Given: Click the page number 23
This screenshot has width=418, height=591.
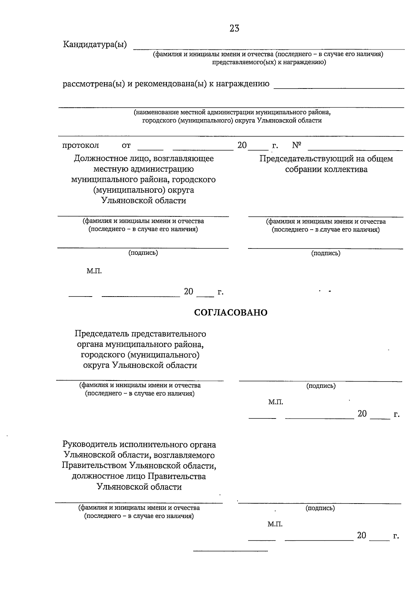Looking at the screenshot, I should click(x=234, y=29).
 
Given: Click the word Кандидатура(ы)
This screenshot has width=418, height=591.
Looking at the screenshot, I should click(x=95, y=45).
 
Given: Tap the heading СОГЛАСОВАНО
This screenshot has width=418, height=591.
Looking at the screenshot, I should click(x=231, y=313).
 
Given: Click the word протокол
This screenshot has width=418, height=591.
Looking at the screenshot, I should click(x=80, y=145).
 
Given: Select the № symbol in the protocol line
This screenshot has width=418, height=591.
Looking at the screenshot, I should click(x=296, y=145).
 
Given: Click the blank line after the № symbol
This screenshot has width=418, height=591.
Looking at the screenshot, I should click(x=355, y=150).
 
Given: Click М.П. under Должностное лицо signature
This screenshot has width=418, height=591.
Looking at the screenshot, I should click(x=94, y=271).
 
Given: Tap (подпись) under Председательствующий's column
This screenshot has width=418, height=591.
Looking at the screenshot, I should click(x=326, y=253).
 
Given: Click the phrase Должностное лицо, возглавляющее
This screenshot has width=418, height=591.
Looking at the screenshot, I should click(x=144, y=159).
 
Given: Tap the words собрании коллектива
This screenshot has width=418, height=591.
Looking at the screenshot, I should click(x=326, y=169).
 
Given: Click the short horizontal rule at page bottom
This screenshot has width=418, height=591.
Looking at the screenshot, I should click(x=230, y=551).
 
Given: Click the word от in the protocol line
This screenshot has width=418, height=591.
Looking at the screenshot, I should click(x=126, y=145).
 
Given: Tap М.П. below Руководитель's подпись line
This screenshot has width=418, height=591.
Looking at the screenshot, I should click(x=275, y=524).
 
